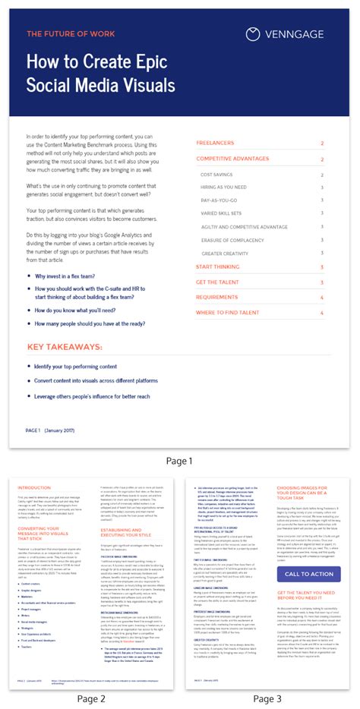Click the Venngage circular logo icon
point(254,33)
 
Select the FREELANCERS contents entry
point(215,143)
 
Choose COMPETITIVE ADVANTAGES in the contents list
point(232,159)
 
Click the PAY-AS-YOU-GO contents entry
point(221,200)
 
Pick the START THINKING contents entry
point(219,266)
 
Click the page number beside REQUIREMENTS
point(322,297)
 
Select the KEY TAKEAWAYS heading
point(65,347)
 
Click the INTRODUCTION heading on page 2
point(34,487)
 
